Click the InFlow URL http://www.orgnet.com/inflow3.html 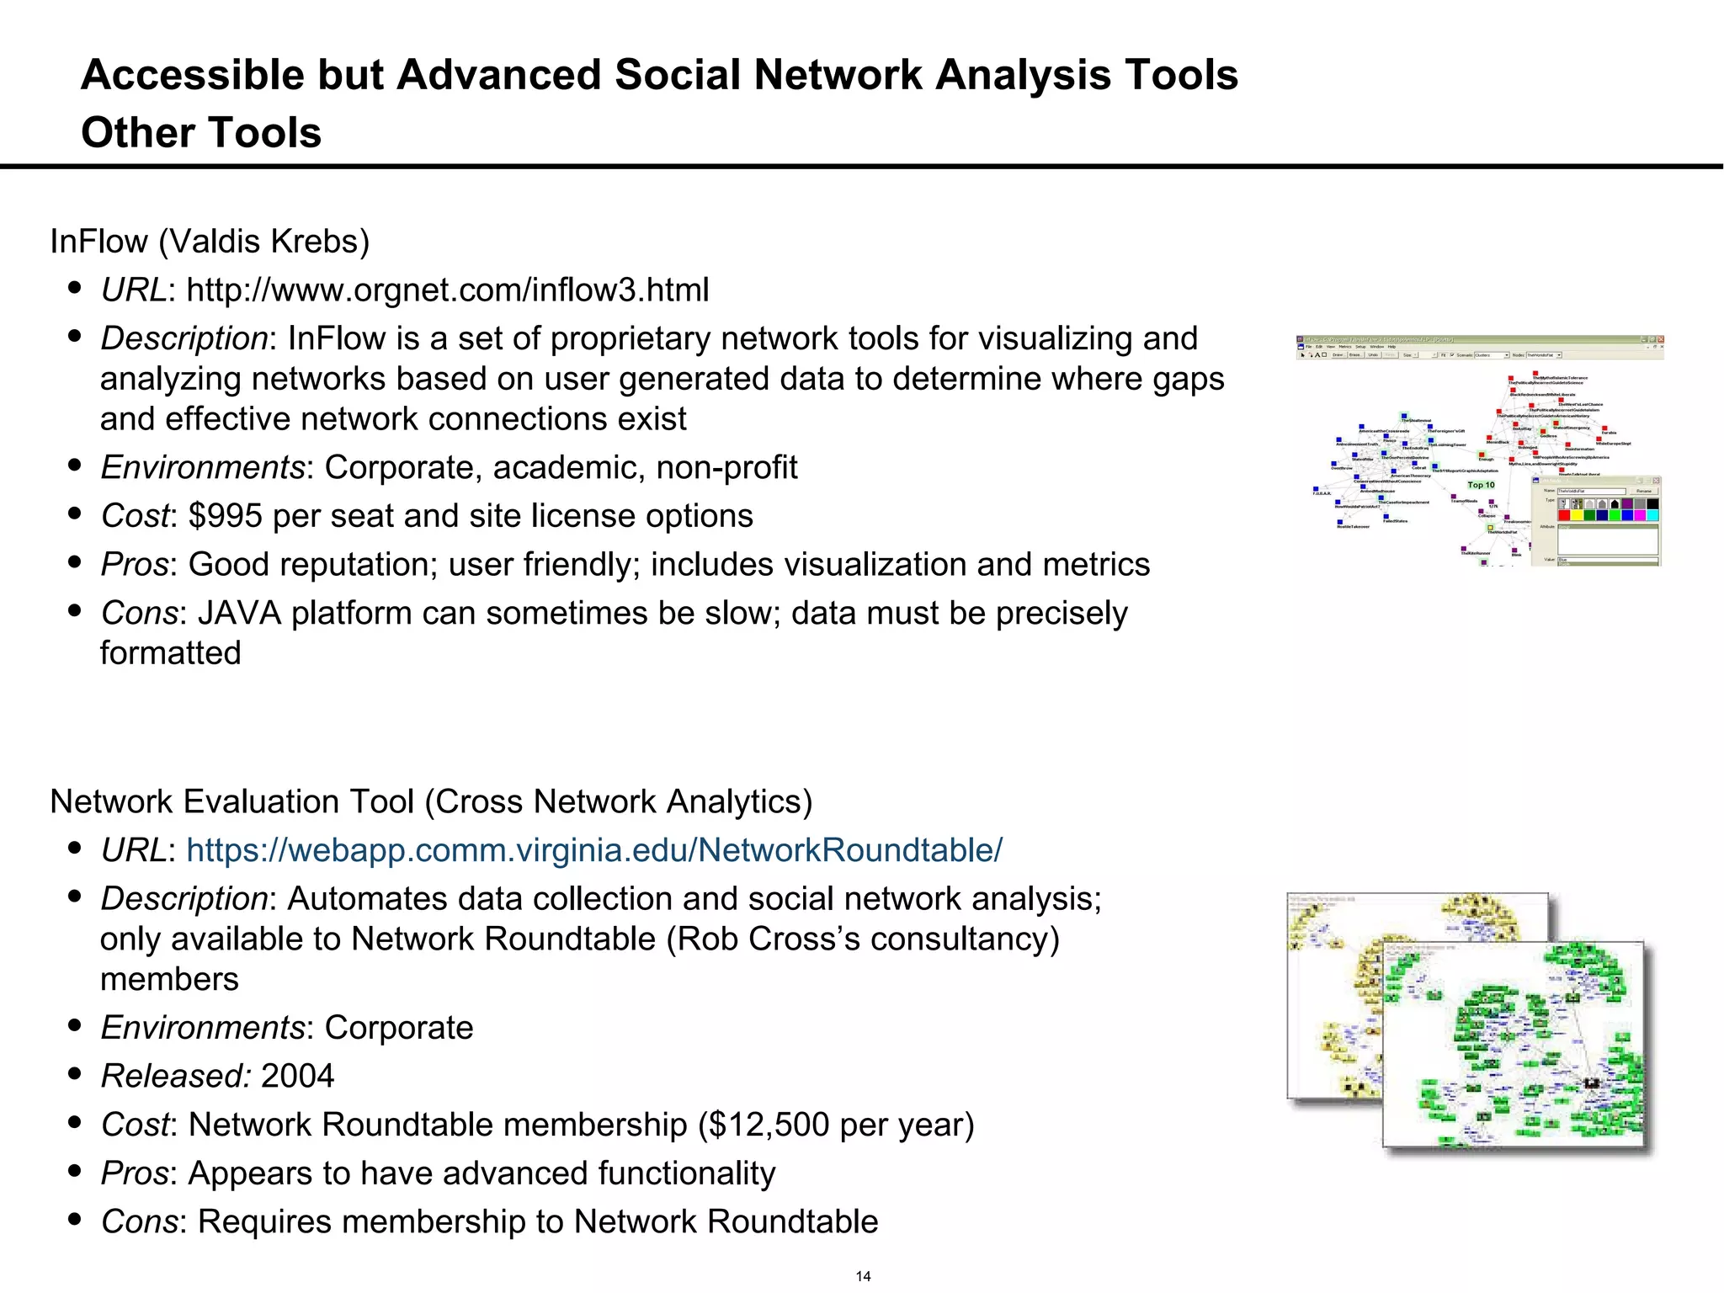coord(447,290)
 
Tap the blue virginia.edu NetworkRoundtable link coord(593,850)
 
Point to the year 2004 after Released coord(297,1076)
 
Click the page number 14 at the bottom coord(863,1276)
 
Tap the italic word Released coord(175,1076)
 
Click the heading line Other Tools coord(201,133)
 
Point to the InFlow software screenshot coord(1479,450)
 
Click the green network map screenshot coord(1513,1044)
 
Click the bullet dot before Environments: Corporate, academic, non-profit coord(75,465)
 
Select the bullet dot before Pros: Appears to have coord(75,1171)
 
